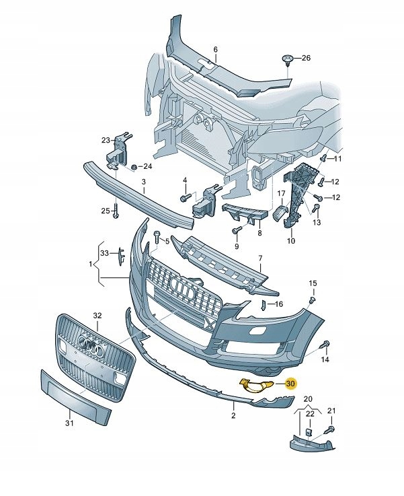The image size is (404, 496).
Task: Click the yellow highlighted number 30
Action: (290, 384)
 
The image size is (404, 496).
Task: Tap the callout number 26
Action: (307, 59)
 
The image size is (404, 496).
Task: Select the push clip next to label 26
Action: (287, 62)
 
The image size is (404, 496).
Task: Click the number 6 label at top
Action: (216, 50)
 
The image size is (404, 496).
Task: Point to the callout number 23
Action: (106, 140)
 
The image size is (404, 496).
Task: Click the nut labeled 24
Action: (134, 166)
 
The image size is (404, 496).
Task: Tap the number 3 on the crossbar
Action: (143, 182)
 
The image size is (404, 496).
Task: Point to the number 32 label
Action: (97, 315)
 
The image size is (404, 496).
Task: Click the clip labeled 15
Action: (313, 299)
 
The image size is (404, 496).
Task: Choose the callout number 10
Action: (291, 240)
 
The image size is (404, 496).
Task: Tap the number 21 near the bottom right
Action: (330, 411)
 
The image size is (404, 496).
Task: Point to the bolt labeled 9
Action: (236, 231)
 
